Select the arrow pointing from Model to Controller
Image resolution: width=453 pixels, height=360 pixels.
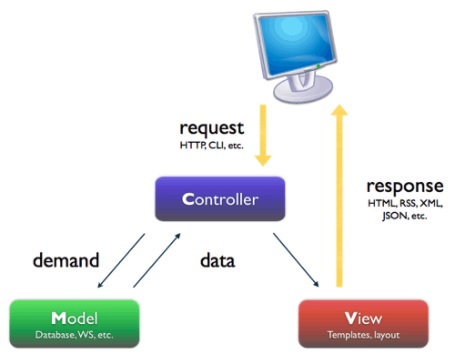point(157,263)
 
